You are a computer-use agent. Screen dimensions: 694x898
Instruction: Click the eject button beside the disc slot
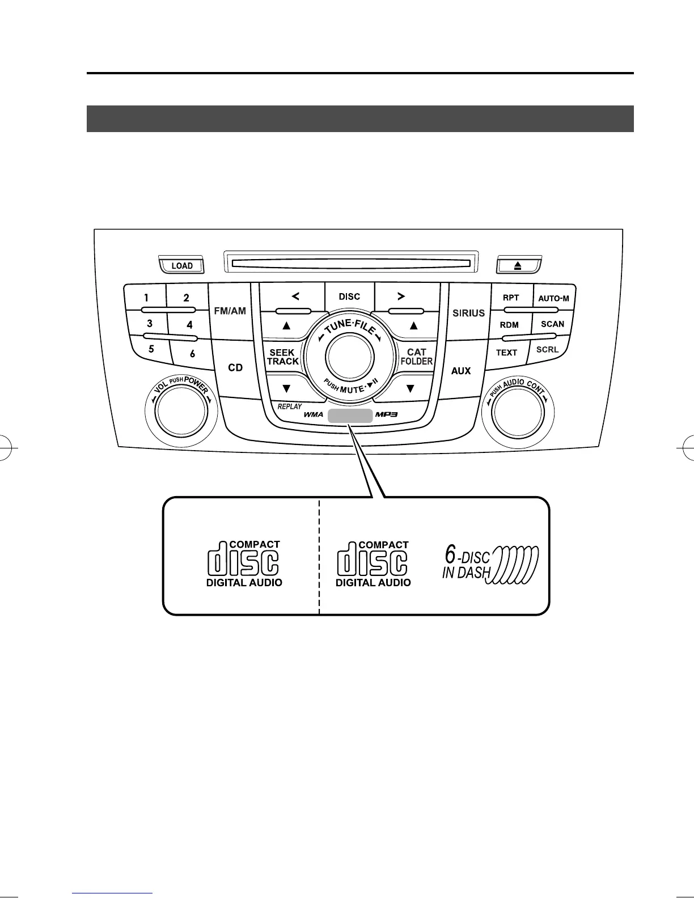519,265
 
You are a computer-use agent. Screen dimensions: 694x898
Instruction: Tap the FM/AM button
230,311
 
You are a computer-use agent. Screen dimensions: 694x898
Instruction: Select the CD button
235,368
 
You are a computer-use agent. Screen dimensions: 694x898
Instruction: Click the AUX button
461,371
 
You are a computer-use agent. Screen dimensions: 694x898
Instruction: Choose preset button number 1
146,297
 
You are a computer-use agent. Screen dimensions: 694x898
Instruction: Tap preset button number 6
192,354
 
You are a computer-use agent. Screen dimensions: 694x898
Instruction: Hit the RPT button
511,297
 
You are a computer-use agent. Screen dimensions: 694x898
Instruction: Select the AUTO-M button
553,298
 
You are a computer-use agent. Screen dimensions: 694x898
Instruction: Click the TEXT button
506,352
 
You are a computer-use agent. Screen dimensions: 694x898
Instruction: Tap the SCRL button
548,350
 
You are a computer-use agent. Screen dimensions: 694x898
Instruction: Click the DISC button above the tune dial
349,296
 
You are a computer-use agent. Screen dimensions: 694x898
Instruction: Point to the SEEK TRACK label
282,357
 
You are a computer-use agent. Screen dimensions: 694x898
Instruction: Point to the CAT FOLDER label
417,357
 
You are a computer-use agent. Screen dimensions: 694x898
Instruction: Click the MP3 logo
387,414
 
